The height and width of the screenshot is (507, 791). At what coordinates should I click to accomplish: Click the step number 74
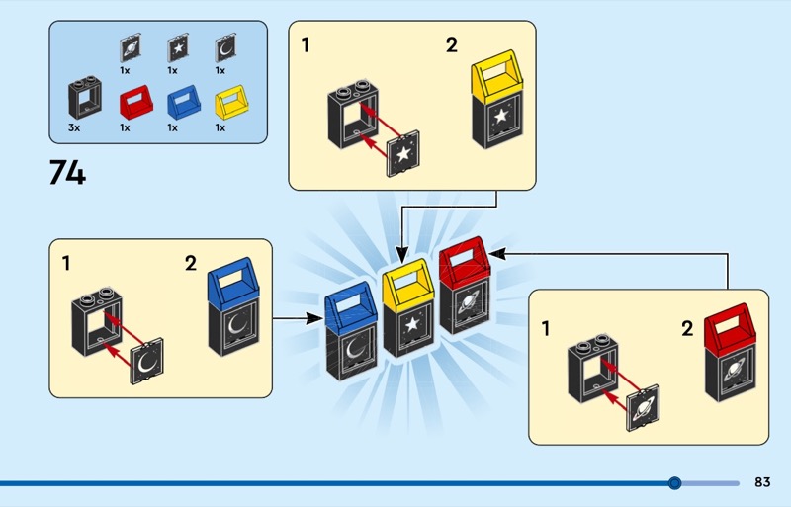coord(67,173)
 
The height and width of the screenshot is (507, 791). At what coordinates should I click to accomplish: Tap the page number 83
coord(761,482)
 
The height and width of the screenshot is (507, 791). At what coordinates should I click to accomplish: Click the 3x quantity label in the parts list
coord(76,127)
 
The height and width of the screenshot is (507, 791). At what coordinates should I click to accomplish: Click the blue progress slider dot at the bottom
coord(675,483)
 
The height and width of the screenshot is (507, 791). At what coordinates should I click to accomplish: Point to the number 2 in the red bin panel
coord(687,329)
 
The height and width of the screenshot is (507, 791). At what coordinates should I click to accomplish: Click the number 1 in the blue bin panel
coord(66,264)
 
